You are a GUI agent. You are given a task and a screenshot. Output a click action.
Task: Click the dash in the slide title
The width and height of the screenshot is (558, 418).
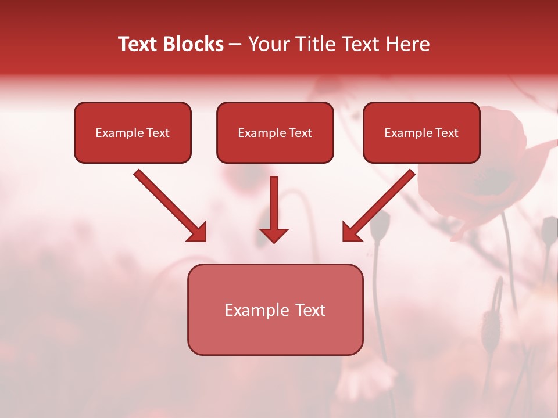pyautogui.click(x=235, y=45)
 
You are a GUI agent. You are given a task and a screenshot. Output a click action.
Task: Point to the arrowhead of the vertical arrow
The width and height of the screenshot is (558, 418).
pyautogui.click(x=274, y=235)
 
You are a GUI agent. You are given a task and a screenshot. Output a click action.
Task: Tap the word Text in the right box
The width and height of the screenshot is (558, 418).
pyautogui.click(x=447, y=133)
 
